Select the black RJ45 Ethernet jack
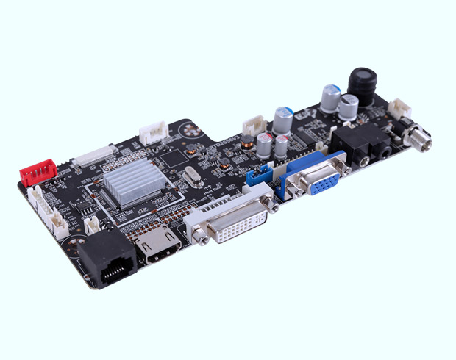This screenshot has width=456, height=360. (x=107, y=260)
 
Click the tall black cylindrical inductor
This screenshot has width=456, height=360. (x=363, y=86)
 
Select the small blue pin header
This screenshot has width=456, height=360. (x=259, y=176)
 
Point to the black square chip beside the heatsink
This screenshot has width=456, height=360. (x=172, y=156)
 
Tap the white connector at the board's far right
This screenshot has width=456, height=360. (x=400, y=109)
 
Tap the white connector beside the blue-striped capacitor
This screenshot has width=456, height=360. (x=254, y=124)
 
